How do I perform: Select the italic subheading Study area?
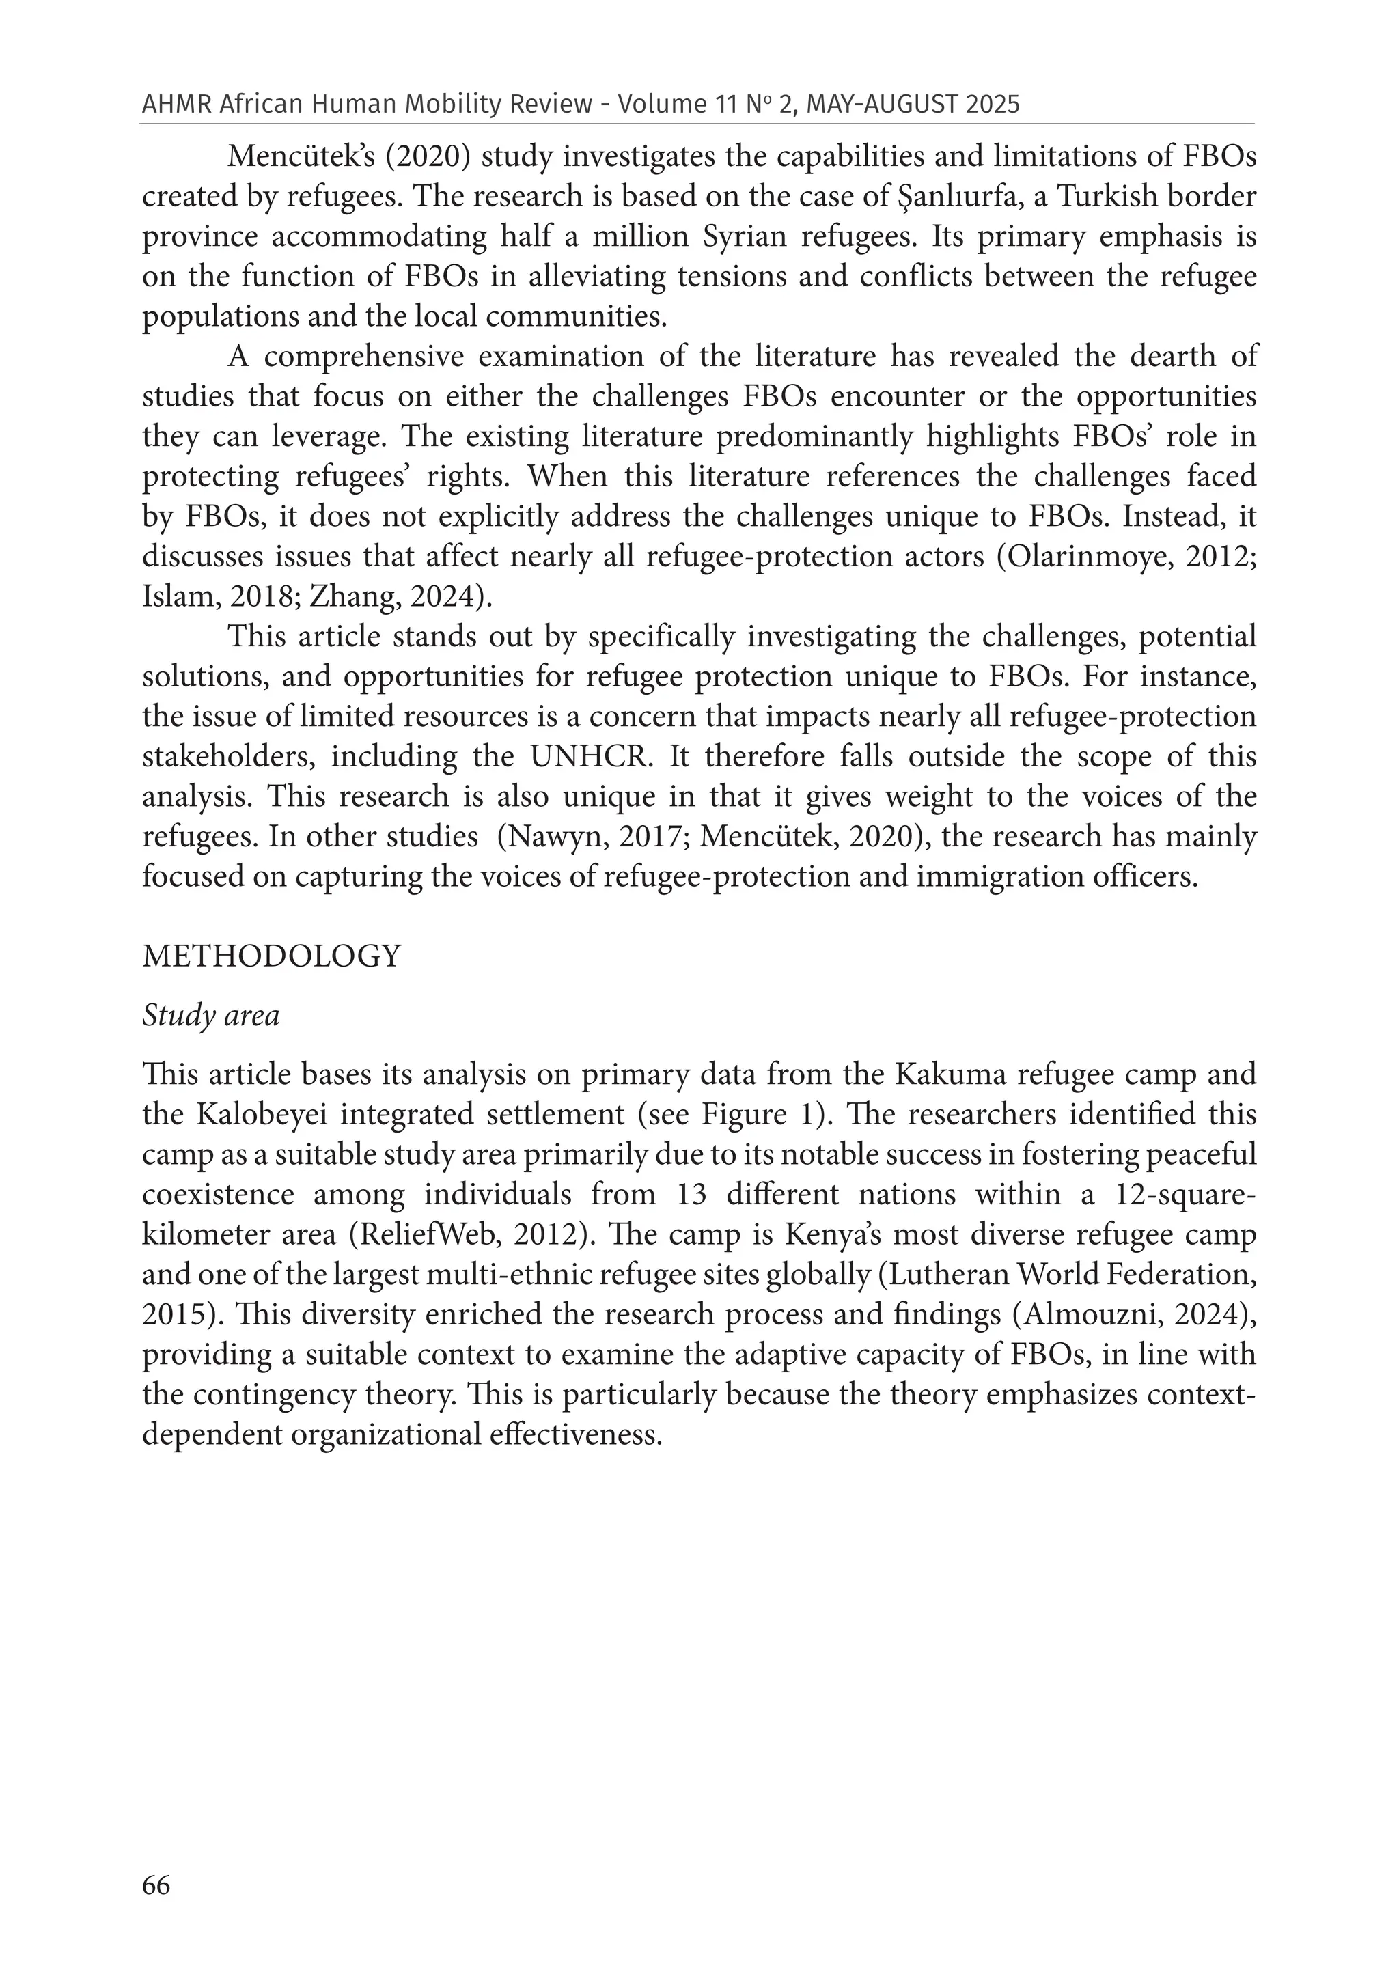211,1015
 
